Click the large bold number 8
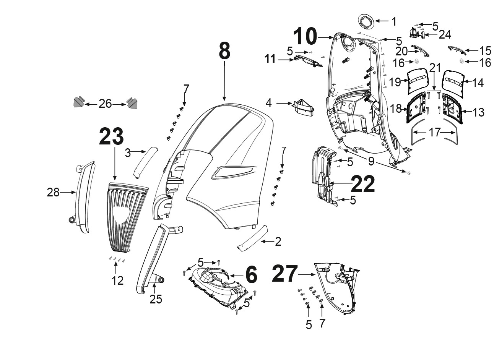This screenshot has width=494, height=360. (x=224, y=51)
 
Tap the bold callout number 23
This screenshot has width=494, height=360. (x=111, y=136)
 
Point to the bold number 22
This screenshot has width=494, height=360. (x=362, y=184)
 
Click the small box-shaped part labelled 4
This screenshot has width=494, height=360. (x=303, y=109)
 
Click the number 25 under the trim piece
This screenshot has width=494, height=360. (x=156, y=299)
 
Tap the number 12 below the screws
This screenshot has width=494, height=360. (x=117, y=281)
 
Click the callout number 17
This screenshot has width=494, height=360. (x=434, y=133)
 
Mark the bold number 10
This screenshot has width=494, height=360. (x=305, y=37)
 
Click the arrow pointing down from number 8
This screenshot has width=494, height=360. (x=224, y=81)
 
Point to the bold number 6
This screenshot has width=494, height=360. (x=251, y=275)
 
